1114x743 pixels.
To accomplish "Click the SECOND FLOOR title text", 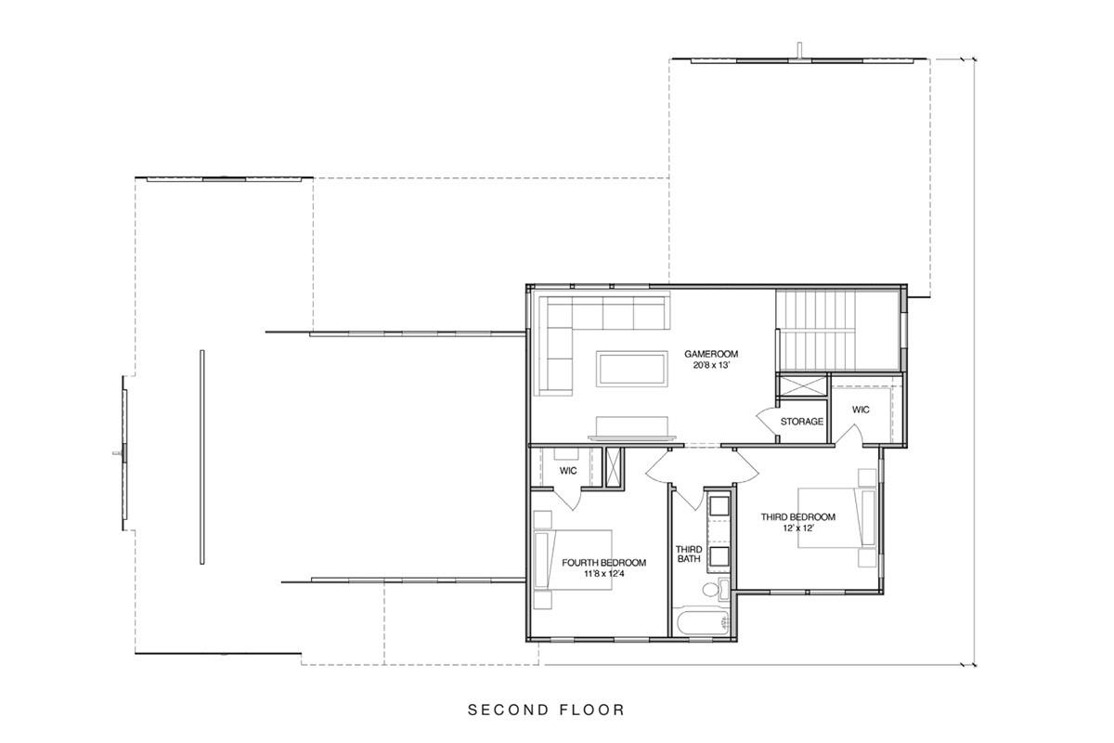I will (546, 710).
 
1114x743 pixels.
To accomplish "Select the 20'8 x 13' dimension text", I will (711, 366).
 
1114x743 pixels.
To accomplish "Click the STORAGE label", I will (801, 422).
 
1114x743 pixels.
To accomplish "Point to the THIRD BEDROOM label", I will (797, 517).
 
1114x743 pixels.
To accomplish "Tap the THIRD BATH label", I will (688, 554).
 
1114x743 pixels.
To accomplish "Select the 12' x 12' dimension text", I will (797, 528).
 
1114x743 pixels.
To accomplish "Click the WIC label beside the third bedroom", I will (861, 410).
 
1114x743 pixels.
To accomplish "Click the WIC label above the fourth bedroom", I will (568, 471).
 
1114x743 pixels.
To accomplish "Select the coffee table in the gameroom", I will (631, 368).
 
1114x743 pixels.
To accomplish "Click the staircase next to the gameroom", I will (814, 329).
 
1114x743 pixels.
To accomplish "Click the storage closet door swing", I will (768, 424).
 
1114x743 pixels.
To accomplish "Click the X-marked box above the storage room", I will (801, 386).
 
